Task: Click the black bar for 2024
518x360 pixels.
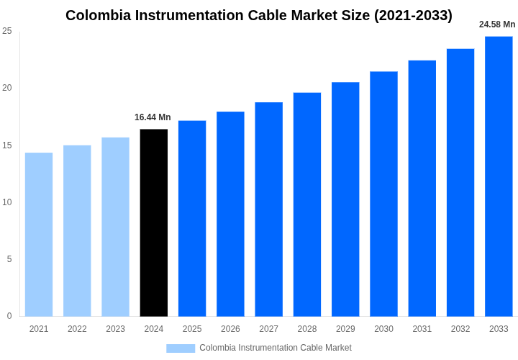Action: pos(154,222)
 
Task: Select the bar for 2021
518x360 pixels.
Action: pos(39,234)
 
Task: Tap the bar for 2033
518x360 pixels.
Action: pos(499,176)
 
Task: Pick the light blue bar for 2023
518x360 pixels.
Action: pos(115,227)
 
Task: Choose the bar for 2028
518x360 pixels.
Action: pos(307,204)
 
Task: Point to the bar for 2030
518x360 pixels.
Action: pos(383,194)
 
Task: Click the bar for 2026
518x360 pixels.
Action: pos(230,214)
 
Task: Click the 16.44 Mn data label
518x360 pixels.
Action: pos(153,117)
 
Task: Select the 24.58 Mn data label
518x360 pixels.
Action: pos(497,24)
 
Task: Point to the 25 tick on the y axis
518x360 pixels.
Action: pos(7,31)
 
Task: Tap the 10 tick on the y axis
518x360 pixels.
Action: pos(7,202)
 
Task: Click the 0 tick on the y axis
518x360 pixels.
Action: pos(9,316)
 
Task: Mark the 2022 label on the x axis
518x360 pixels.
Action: pos(77,329)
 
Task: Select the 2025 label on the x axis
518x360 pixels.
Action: pos(192,329)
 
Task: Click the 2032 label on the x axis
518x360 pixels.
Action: pos(460,329)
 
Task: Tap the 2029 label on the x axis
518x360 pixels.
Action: pos(345,329)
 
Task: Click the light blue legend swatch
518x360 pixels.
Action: pos(181,348)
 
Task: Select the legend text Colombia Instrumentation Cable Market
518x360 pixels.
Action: pos(276,348)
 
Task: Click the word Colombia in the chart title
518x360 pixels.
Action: pos(98,15)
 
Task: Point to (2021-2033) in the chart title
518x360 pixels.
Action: pos(413,15)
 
